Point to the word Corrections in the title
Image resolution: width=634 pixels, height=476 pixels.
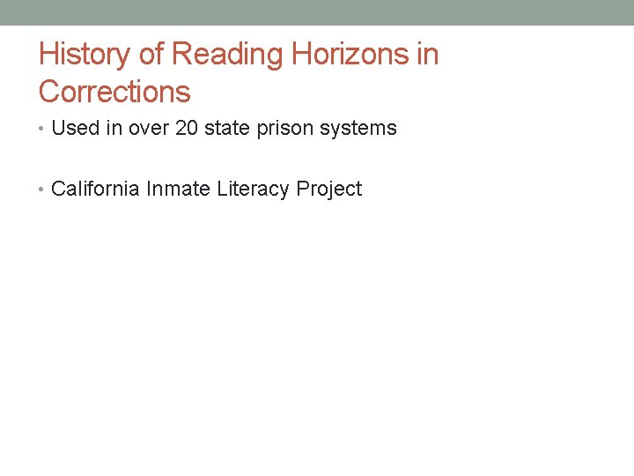[114, 92]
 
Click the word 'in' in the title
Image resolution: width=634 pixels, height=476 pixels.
[427, 55]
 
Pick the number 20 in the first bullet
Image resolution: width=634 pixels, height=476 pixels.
[188, 129]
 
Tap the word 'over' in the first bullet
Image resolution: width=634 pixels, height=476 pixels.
[149, 129]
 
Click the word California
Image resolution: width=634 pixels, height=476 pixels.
[95, 189]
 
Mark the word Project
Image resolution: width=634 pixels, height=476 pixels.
[328, 189]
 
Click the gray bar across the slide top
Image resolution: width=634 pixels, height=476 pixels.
[317, 12]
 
